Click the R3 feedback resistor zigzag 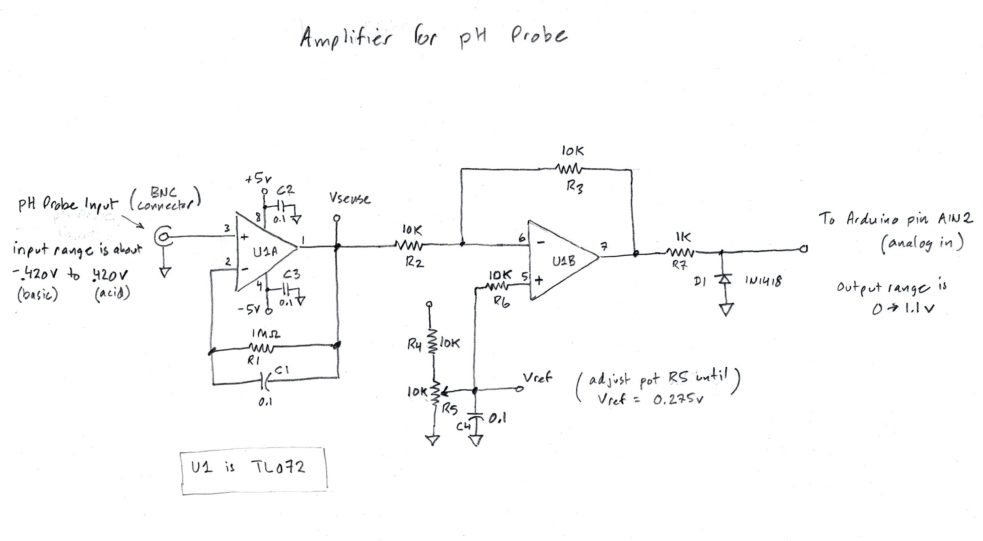pos(569,169)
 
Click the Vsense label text pos(350,199)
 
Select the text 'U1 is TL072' pos(248,468)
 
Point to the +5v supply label pos(258,179)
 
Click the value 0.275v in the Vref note pos(679,400)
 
